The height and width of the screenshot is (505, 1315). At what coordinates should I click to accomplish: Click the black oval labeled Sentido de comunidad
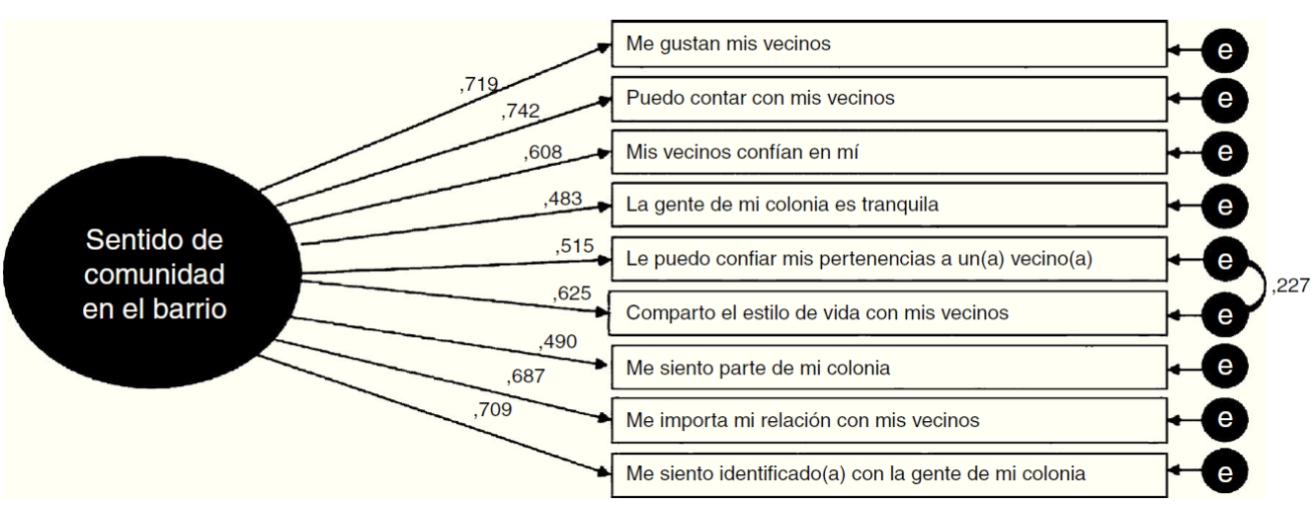152,274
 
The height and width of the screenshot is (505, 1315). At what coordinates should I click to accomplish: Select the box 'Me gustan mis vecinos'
888,44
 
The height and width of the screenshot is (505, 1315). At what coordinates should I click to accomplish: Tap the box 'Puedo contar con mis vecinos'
888,98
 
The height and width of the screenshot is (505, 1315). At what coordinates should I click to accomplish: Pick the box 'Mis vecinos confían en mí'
888,152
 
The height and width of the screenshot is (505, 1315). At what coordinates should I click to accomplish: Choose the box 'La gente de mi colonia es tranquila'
888,206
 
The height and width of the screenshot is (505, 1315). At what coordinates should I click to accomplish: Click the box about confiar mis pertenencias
888,259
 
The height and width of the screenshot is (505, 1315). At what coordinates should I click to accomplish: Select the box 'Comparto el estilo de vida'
888,313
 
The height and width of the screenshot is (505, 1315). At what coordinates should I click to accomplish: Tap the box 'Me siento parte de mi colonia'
888,367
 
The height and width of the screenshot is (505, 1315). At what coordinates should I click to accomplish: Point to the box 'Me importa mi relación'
888,420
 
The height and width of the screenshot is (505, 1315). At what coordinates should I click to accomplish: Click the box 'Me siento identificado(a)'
888,473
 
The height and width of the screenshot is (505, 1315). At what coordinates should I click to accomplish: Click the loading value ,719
479,85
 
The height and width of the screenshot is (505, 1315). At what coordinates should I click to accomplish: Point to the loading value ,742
521,112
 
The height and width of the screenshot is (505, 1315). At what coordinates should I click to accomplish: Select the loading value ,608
542,152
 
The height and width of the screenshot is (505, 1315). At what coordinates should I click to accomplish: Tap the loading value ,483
563,199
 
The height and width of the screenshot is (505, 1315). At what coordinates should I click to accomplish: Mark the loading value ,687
526,376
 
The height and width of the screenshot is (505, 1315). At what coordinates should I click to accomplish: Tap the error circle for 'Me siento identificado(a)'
1225,473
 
